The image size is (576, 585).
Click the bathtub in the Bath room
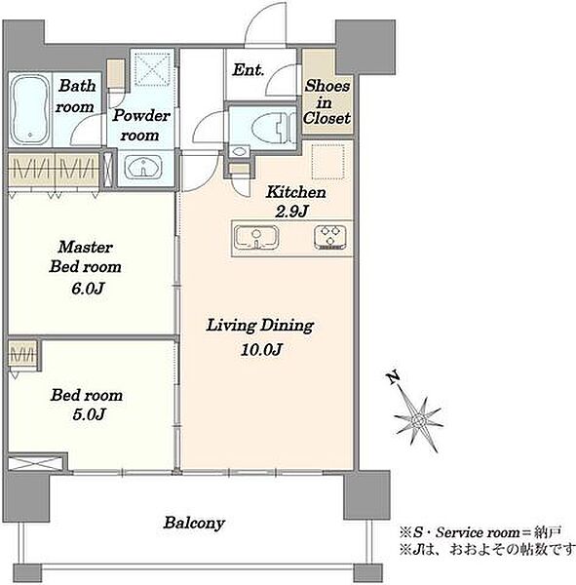click(x=30, y=110)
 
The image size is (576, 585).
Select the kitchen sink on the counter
click(x=256, y=238)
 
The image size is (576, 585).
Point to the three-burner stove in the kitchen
click(x=330, y=237)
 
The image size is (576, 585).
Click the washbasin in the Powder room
click(x=143, y=167)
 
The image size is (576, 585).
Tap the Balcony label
click(x=194, y=523)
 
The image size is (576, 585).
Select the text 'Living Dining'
click(x=260, y=326)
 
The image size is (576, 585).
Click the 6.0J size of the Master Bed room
click(x=88, y=289)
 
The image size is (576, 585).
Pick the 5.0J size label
click(x=88, y=414)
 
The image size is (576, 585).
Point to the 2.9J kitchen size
click(x=291, y=212)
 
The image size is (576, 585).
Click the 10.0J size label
click(x=261, y=350)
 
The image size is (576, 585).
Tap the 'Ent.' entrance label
click(x=249, y=70)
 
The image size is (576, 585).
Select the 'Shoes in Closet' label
click(x=326, y=101)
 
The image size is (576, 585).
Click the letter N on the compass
click(x=393, y=377)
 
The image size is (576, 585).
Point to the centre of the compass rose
click(x=418, y=421)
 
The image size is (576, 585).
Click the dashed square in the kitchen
click(x=328, y=162)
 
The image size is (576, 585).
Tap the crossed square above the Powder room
click(x=152, y=69)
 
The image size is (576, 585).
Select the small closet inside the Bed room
click(x=22, y=356)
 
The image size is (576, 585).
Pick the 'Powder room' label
click(x=140, y=125)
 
